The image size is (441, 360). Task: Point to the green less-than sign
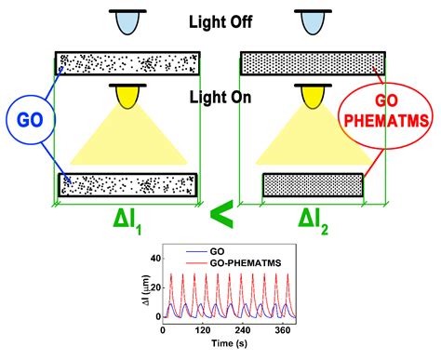pos(220,216)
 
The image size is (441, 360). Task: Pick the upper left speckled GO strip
pos(127,64)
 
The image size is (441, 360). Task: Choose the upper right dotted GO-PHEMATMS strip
pos(312,64)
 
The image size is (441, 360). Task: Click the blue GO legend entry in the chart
pos(207,252)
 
